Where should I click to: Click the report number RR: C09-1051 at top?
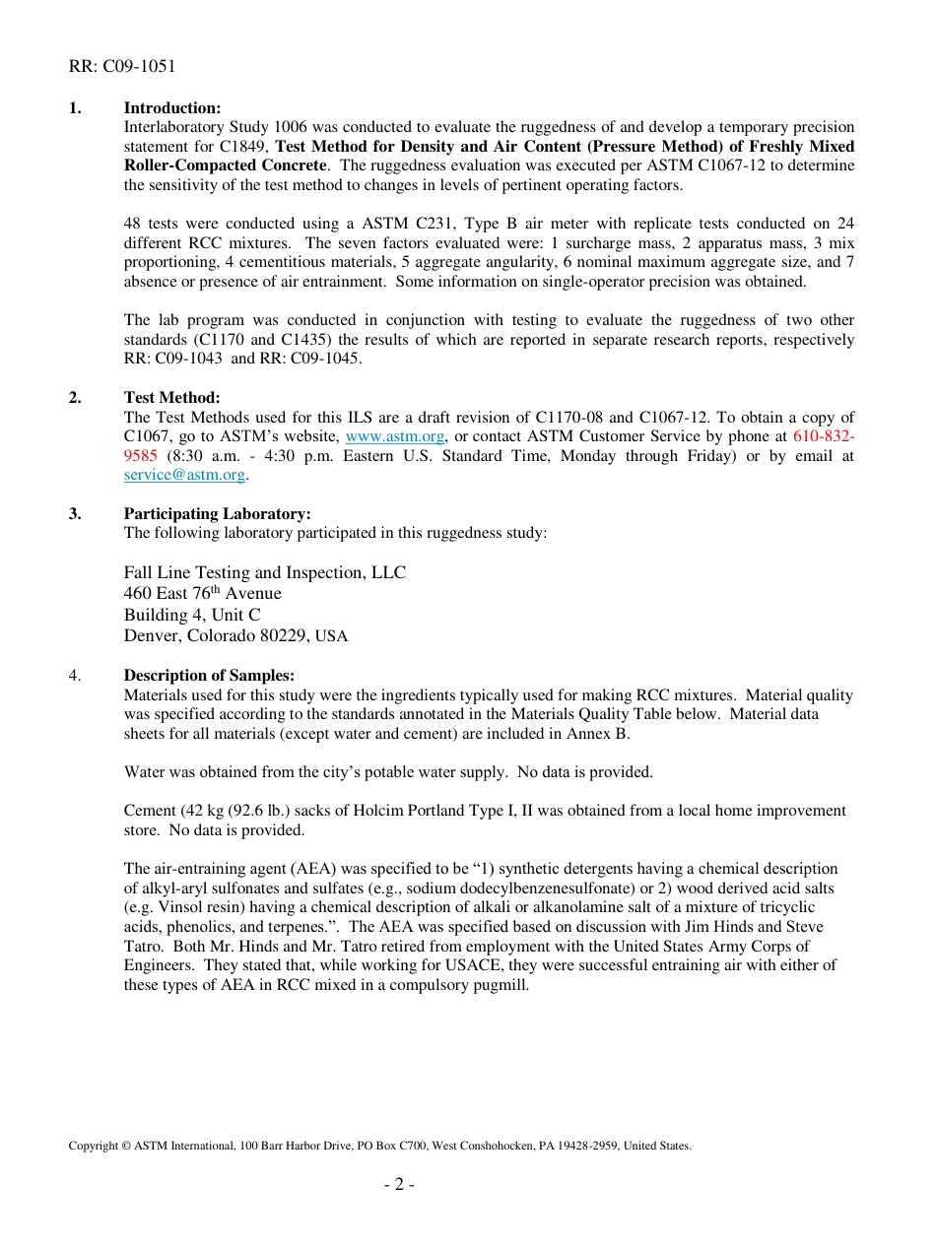click(x=122, y=67)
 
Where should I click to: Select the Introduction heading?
click(x=171, y=107)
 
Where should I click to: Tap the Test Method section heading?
click(x=171, y=397)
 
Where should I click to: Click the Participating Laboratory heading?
click(x=217, y=513)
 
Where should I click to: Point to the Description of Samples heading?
click(x=209, y=675)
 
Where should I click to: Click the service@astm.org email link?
click(x=184, y=475)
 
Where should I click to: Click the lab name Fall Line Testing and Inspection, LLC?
click(x=264, y=572)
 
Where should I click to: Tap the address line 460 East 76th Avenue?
click(x=202, y=593)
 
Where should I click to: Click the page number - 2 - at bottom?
click(x=399, y=1184)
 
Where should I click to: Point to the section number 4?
click(x=75, y=675)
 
